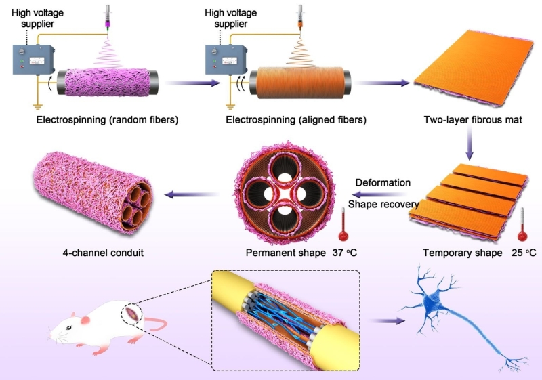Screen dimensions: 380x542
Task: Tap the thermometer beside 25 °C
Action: pyautogui.click(x=522, y=226)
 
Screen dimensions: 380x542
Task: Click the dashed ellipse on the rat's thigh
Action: pyautogui.click(x=131, y=312)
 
